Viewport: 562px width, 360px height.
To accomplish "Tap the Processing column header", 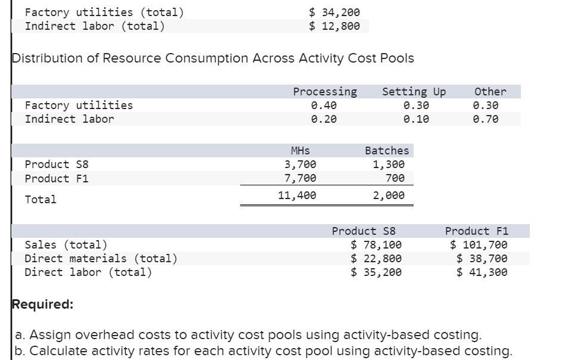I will tap(325, 92).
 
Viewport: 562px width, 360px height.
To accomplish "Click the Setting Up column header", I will tap(414, 92).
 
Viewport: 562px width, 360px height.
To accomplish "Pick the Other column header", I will tap(490, 92).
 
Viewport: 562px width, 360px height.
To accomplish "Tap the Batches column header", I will tap(387, 151).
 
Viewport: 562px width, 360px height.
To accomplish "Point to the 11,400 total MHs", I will tap(297, 195).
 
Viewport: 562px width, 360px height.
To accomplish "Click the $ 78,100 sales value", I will tap(376, 244).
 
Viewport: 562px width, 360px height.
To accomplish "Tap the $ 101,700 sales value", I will tap(479, 244).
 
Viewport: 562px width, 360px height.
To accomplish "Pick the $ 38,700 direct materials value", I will tap(482, 258).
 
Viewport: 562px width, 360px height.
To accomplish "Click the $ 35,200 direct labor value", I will tap(376, 272).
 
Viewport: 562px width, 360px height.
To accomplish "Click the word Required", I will tap(43, 305).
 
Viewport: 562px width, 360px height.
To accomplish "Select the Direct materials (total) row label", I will tap(101, 258).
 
